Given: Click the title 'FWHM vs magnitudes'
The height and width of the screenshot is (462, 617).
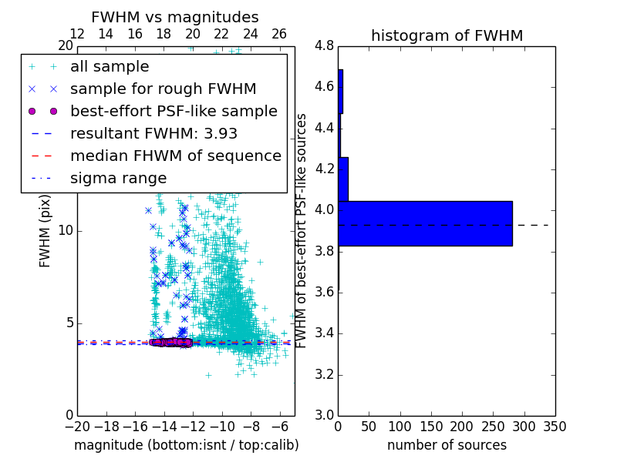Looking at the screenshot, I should [175, 17].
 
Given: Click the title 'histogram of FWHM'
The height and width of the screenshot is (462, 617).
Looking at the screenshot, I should [447, 35].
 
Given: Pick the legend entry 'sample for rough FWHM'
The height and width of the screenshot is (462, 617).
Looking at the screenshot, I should [163, 89].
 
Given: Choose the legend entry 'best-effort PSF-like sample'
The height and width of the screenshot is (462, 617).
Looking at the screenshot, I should [174, 111].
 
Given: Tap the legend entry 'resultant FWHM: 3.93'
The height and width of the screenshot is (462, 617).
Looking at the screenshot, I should [154, 133].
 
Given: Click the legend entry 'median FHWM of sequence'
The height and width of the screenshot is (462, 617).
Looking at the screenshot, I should [175, 156].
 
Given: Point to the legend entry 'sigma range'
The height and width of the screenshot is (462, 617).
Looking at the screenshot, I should [118, 178].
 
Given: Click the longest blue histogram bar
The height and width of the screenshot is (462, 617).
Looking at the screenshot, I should [425, 223].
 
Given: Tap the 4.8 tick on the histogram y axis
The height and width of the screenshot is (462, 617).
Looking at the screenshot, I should [325, 45].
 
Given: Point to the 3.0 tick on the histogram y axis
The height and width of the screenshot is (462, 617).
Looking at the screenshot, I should [325, 415].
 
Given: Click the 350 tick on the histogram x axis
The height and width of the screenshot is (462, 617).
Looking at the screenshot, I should [555, 426].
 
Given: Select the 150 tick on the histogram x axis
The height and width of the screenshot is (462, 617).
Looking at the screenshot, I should [431, 426].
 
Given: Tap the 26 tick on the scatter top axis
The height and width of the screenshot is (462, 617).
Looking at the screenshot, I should [279, 35].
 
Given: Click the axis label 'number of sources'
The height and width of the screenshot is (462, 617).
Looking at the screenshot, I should [447, 445].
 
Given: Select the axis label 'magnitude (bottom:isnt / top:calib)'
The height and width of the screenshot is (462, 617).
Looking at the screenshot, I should [186, 445].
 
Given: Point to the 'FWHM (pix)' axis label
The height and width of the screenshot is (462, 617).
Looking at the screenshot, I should [46, 230].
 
